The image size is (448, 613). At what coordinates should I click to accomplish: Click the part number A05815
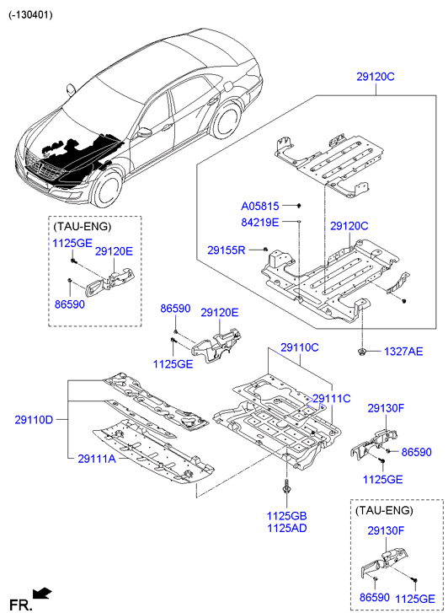tap(259, 206)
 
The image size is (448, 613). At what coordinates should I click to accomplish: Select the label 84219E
tap(259, 223)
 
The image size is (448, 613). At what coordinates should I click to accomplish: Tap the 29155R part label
tap(227, 250)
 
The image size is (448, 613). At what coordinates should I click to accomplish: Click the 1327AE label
tap(403, 351)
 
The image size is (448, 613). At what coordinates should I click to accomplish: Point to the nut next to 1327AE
tap(362, 351)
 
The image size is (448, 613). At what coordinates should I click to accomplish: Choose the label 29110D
tap(34, 420)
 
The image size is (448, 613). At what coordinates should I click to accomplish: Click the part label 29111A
tap(97, 458)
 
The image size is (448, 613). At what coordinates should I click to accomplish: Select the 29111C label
tap(332, 398)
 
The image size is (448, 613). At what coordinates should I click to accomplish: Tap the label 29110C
tap(300, 347)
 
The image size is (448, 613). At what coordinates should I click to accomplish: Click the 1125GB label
tap(286, 516)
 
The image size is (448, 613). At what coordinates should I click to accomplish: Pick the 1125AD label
tap(287, 528)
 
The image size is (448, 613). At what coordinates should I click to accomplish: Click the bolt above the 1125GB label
tap(286, 487)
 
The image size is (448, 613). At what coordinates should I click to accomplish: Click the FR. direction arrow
tap(42, 594)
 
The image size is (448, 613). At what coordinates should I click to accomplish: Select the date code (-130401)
tap(30, 15)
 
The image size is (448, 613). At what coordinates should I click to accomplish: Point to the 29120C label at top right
tap(376, 77)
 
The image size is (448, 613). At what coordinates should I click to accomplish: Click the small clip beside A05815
tap(299, 206)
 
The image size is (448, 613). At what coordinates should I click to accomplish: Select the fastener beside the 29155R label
tap(265, 250)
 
